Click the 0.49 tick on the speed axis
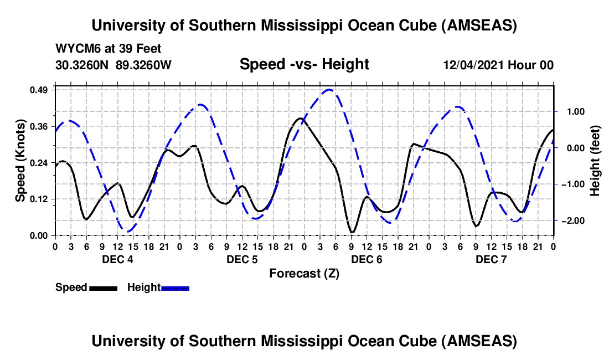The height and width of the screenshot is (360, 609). tap(42, 90)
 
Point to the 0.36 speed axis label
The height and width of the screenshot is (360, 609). tap(42, 126)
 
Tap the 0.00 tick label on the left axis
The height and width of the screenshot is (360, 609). tap(42, 235)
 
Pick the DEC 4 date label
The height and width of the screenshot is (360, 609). tap(117, 259)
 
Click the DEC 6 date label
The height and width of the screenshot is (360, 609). tap(366, 259)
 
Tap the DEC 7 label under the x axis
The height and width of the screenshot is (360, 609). tap(491, 259)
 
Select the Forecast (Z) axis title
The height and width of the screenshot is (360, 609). tap(304, 273)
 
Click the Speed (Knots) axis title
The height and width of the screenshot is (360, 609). tap(20, 161)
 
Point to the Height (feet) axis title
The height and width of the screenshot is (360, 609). tap(595, 161)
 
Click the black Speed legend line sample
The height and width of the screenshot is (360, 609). tap(103, 288)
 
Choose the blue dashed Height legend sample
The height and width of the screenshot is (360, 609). tap(176, 288)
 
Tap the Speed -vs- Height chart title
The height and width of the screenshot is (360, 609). tap(304, 65)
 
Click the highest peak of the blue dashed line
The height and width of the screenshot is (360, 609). tap(329, 89)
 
